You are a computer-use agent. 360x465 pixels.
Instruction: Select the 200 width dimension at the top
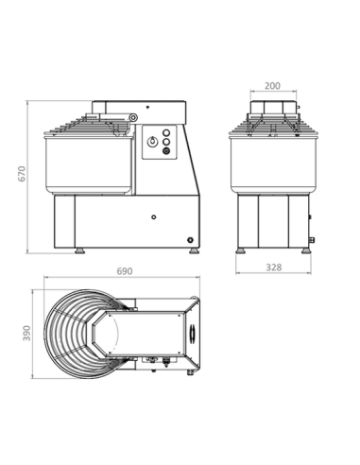(272, 84)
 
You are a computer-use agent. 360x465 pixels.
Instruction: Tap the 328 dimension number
(272, 268)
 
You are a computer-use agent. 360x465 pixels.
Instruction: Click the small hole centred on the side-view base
(150, 215)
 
